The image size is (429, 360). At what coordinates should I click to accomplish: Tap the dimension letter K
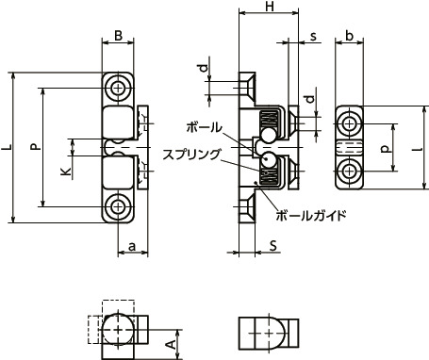[x=66, y=172]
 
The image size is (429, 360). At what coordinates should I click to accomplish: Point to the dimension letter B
[x=118, y=36]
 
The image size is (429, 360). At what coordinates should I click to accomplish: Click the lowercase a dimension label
[x=132, y=247]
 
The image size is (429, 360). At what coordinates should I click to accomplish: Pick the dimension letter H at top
[x=270, y=6]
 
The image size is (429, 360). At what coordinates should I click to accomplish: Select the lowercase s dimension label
[x=313, y=37]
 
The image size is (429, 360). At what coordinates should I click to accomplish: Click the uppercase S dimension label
[x=273, y=246]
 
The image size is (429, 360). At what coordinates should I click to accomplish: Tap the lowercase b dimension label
[x=349, y=36]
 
